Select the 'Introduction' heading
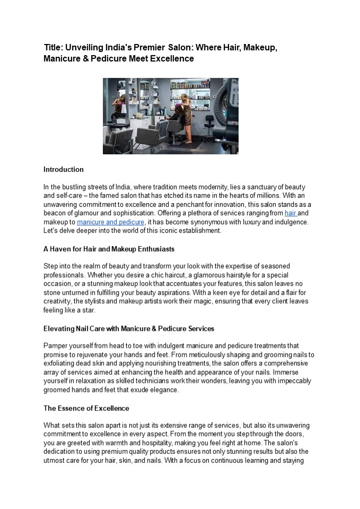(64, 170)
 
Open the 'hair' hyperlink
(290, 213)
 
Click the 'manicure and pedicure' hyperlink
(110, 222)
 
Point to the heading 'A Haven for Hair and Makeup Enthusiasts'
(109, 249)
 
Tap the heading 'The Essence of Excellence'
(86, 409)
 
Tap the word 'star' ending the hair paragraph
(88, 311)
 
